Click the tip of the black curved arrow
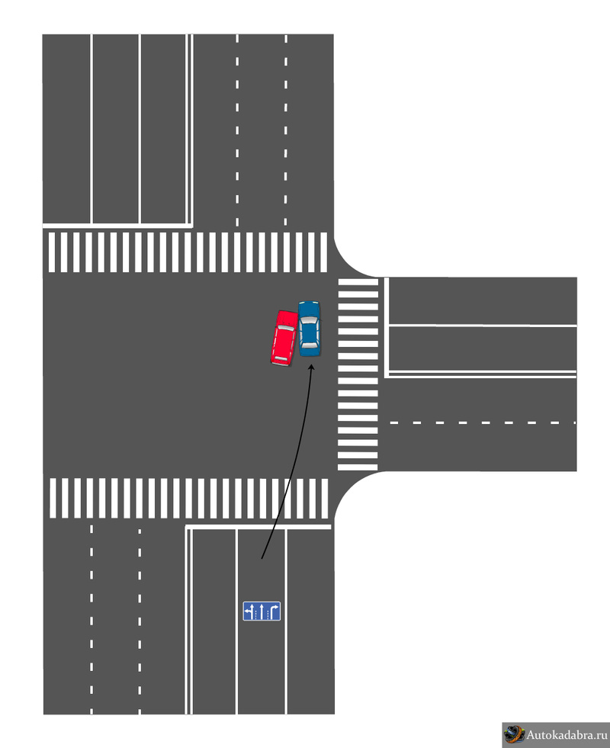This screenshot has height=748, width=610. [x=312, y=365]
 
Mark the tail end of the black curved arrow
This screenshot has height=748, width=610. [x=262, y=558]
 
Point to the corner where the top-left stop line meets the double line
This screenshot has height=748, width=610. [x=191, y=225]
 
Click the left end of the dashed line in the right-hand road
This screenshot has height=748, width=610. [x=390, y=422]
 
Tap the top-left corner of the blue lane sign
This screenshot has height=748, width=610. [x=243, y=602]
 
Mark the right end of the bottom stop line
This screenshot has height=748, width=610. [x=330, y=527]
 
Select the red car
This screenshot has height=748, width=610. [x=284, y=339]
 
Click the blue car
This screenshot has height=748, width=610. [x=309, y=329]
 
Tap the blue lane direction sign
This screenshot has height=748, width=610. [x=262, y=611]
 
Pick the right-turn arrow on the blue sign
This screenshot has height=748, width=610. [x=274, y=611]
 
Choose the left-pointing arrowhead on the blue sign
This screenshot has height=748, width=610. [x=246, y=609]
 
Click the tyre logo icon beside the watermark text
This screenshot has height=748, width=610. [x=514, y=734]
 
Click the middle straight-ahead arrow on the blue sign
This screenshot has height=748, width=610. [x=262, y=611]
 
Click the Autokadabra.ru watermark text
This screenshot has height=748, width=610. [x=567, y=734]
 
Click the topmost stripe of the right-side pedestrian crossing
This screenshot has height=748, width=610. [x=358, y=282]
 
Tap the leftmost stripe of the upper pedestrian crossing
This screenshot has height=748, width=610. [x=52, y=252]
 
